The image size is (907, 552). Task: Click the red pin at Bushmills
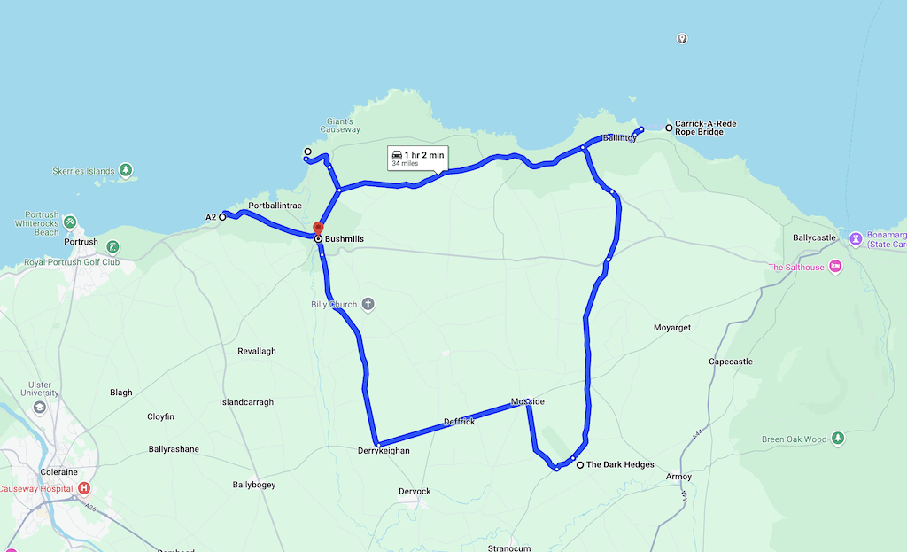click(x=319, y=228)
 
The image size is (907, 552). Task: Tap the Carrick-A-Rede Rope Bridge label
click(x=705, y=128)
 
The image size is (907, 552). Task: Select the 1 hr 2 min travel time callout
click(x=417, y=158)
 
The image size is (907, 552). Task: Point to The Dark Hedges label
click(x=620, y=465)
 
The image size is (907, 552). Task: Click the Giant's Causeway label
click(x=342, y=126)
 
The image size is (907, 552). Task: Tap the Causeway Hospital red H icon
click(x=84, y=488)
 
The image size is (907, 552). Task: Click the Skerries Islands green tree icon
click(x=127, y=169)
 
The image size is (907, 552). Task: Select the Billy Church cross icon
click(x=368, y=305)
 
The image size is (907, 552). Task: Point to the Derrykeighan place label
click(x=385, y=451)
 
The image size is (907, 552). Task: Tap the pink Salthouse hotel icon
click(x=834, y=267)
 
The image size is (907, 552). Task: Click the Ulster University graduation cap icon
click(x=39, y=408)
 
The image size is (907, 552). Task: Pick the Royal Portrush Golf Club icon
click(x=112, y=246)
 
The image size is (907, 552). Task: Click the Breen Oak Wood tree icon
click(x=838, y=439)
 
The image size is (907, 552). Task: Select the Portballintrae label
click(x=275, y=206)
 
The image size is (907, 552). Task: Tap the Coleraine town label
click(x=61, y=472)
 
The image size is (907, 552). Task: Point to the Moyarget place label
click(x=671, y=328)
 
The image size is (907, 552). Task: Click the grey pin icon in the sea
click(x=681, y=39)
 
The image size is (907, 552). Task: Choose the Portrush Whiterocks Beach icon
click(x=70, y=222)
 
